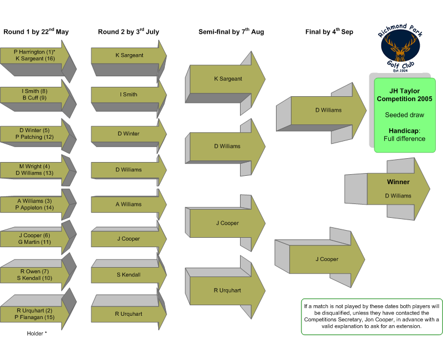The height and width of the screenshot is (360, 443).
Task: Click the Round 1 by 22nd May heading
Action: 36,32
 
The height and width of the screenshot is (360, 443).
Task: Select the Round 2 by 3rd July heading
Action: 128,32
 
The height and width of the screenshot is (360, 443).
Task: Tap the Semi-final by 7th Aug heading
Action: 231,32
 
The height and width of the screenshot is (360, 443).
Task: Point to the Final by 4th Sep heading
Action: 329,32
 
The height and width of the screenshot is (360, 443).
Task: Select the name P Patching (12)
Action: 34,137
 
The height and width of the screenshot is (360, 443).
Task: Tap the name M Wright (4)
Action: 34,166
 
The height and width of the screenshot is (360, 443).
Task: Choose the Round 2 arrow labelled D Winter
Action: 129,135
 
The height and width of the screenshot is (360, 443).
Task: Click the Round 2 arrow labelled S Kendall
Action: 129,273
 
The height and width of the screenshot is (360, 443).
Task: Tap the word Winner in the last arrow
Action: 398,182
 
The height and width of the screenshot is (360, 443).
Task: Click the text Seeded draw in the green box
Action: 404,115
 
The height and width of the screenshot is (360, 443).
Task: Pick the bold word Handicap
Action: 404,131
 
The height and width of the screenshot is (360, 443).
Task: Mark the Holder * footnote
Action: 37,333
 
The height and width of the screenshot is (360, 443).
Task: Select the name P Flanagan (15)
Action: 34,317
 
